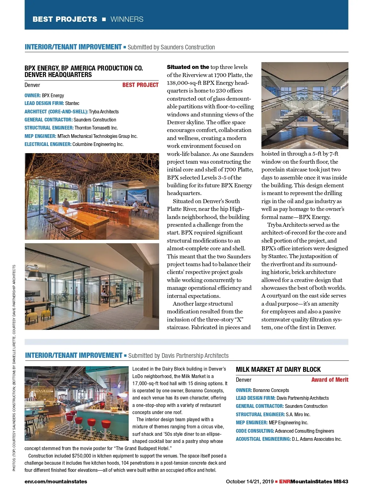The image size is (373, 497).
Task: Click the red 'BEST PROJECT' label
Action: coord(140,85)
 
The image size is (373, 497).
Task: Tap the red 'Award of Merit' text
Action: coord(329,380)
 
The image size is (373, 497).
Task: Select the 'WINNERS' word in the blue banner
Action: coord(127,19)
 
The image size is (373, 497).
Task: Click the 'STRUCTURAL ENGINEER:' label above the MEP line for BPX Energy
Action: coord(49,128)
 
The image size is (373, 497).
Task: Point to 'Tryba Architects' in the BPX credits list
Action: coord(104,112)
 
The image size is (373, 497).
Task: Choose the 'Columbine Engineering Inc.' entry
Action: coord(98,144)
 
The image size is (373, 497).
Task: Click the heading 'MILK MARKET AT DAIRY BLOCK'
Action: coord(278,369)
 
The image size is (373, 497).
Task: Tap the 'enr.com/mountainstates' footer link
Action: coord(56,481)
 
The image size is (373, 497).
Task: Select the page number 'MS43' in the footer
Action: coord(341,481)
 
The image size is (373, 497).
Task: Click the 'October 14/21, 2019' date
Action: coord(250,481)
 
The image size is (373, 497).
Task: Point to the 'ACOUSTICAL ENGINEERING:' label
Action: coord(263,439)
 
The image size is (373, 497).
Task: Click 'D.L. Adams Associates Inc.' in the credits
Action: coord(317,439)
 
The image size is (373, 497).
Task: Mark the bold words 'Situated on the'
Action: coord(188,67)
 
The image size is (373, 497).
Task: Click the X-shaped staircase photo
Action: coord(305,105)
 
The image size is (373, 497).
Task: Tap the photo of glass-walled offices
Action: coord(92,286)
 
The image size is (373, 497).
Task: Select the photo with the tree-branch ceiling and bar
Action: coord(92,196)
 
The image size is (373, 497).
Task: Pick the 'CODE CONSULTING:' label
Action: coord(255,431)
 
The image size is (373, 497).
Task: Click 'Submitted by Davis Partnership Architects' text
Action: coord(178,356)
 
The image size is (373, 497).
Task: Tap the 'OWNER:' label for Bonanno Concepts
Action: coord(244,390)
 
